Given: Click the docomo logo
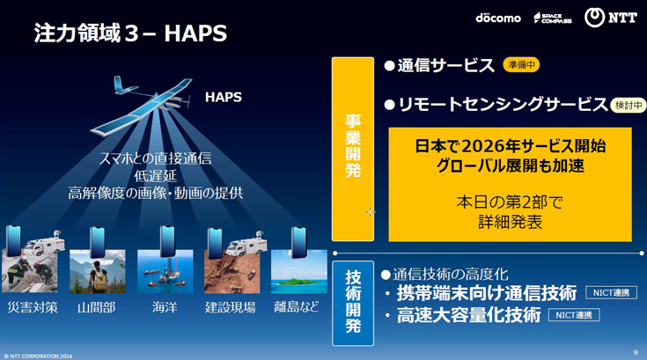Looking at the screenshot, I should coord(498,18).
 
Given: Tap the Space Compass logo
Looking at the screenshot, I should coord(552,18).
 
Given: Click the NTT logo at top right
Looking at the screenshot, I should coord(610,18).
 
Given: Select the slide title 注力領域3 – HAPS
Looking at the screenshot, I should coord(130,33).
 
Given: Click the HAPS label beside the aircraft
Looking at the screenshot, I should coord(224,96).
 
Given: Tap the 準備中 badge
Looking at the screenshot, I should coord(520,65).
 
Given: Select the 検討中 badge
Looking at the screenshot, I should coord(628,105).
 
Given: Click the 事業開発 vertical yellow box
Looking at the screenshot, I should coord(352,149).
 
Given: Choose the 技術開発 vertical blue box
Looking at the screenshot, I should coord(352,303).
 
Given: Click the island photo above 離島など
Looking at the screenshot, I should coord(298,271).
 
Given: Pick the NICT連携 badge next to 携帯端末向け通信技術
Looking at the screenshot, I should coord(610,292).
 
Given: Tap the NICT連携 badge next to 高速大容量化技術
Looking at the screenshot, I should coord(573,315).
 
